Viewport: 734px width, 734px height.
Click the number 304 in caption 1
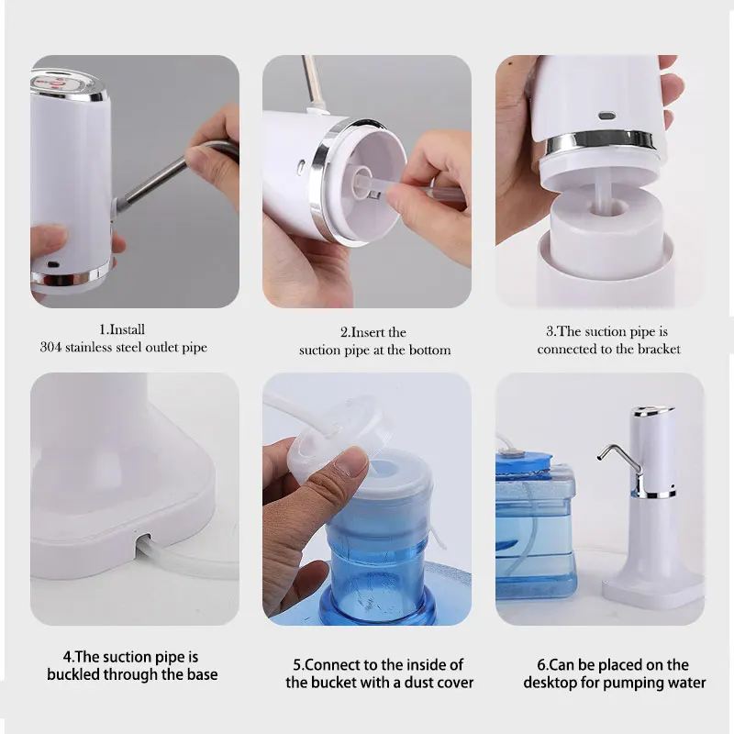51,348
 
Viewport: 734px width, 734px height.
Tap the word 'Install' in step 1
128,329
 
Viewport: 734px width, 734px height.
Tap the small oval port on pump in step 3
604,117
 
